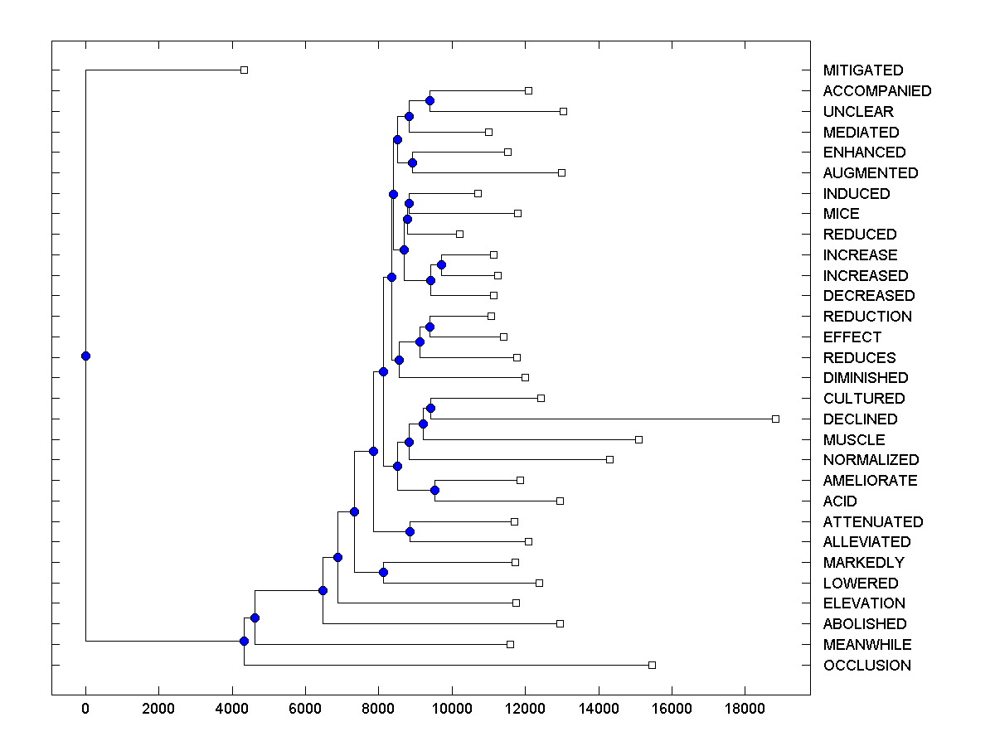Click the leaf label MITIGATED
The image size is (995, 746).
863,70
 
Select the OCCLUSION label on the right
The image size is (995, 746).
866,666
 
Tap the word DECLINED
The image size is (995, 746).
860,419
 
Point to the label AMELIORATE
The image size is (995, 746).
870,481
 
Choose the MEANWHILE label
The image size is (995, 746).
866,645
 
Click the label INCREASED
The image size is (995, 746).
866,276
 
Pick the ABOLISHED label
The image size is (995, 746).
865,624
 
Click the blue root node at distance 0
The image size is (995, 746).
85,356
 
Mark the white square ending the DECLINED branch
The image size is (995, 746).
775,419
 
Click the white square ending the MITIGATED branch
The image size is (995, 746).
244,70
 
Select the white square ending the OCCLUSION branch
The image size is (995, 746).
652,665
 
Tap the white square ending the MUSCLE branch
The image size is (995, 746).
638,439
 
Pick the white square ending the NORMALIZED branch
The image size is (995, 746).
609,459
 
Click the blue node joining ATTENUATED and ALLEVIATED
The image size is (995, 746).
410,531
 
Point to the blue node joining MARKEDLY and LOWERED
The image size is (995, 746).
383,572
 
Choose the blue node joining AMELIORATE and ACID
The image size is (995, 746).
434,490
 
